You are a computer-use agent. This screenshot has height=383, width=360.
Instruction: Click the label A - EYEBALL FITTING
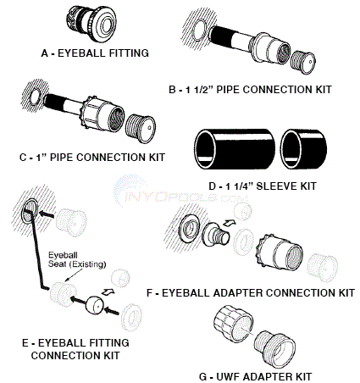95,53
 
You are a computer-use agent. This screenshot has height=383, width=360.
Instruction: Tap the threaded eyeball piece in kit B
303,62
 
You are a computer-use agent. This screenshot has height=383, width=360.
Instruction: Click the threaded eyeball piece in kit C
141,129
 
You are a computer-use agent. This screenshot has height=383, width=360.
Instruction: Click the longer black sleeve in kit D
235,149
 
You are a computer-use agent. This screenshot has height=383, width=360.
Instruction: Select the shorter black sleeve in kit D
304,149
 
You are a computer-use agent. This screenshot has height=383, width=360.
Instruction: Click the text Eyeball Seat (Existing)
77,259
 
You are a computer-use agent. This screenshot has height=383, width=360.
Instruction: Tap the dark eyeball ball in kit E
95,304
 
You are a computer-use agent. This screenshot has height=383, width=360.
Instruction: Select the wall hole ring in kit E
30,211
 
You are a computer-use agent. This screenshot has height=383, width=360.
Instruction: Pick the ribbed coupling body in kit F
279,250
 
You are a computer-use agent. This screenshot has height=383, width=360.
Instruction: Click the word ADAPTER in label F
237,292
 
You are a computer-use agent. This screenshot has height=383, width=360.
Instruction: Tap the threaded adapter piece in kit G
274,349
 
